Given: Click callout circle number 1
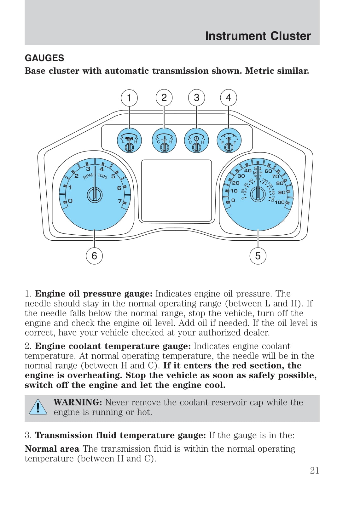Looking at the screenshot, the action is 129,98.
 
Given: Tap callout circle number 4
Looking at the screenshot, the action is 229,98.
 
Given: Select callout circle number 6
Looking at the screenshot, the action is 94,256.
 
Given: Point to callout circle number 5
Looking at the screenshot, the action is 258,256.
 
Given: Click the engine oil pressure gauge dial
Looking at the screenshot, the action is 129,140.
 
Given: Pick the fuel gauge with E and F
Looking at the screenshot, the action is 229,140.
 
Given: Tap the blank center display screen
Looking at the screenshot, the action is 177,191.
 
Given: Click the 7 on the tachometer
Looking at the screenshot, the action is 120,201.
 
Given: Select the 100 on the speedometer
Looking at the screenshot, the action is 280,202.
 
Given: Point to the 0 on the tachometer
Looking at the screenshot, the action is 70,201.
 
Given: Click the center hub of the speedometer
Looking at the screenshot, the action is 258,194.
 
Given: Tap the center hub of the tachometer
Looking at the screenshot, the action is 95,195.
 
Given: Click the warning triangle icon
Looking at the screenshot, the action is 38,407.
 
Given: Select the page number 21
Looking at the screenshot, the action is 314,471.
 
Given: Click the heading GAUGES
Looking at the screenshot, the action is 44,58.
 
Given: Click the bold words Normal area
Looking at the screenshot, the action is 52,449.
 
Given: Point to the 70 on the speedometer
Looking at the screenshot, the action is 275,176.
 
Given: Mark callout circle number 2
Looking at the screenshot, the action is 164,98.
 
